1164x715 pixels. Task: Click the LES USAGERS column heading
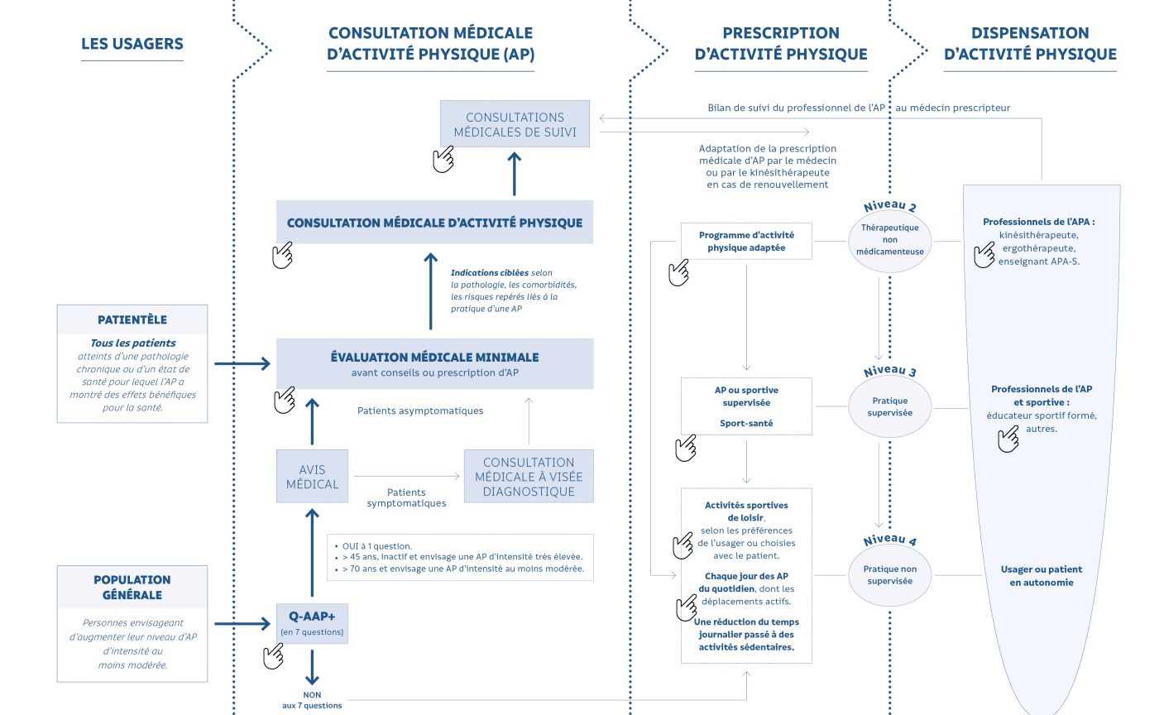[x=132, y=45]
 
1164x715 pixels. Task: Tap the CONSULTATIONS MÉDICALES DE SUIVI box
[x=515, y=124]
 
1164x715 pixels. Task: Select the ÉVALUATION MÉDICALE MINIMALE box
[x=434, y=363]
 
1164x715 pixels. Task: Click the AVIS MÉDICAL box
[x=312, y=477]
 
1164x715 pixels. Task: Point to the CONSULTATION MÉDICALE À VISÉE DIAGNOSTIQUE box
[x=529, y=477]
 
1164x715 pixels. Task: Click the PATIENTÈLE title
[x=132, y=319]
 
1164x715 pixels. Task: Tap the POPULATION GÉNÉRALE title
[x=132, y=587]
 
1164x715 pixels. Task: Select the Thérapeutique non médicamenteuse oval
[x=890, y=240]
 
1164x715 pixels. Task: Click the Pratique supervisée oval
[x=890, y=406]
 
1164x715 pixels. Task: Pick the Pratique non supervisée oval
[x=890, y=575]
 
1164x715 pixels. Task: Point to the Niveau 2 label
[x=890, y=206]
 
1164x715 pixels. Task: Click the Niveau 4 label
[x=890, y=540]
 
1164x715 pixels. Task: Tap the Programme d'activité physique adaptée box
[x=746, y=242]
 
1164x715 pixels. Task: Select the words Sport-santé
[x=746, y=424]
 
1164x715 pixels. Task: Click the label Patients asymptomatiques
[x=420, y=410]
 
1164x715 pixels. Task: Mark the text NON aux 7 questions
[x=312, y=700]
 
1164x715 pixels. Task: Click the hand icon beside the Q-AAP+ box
[x=274, y=656]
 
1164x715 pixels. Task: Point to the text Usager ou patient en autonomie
[x=1042, y=576]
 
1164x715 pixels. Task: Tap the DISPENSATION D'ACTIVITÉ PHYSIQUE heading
[x=1030, y=44]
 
